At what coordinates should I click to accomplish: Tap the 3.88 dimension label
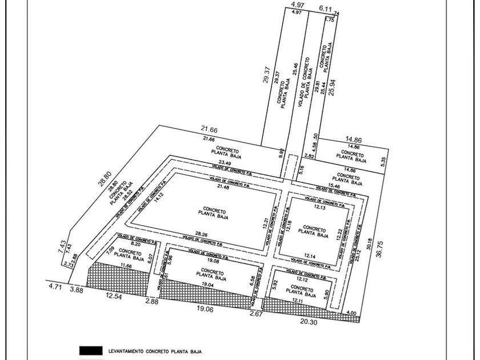click(x=77, y=290)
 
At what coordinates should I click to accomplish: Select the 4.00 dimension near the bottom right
click(x=350, y=313)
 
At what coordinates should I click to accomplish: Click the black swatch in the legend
click(x=91, y=350)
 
